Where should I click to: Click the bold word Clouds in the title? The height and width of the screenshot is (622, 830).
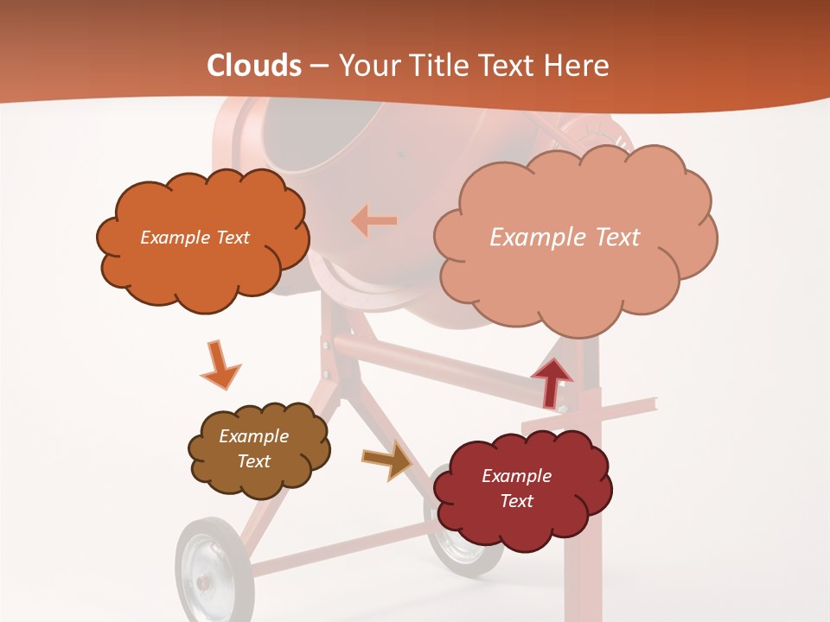coord(253,66)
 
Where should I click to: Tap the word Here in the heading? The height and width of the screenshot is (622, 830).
coord(576,66)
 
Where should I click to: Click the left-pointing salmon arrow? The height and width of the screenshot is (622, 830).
coord(373,221)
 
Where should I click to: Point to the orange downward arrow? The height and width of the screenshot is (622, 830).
coord(219,365)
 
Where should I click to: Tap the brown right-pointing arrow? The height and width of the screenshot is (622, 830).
coord(387,460)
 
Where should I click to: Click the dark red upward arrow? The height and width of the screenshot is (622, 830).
coord(551,382)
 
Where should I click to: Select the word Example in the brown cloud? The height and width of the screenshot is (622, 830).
coord(253,436)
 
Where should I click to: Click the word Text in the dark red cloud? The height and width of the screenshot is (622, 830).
coord(516,501)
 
